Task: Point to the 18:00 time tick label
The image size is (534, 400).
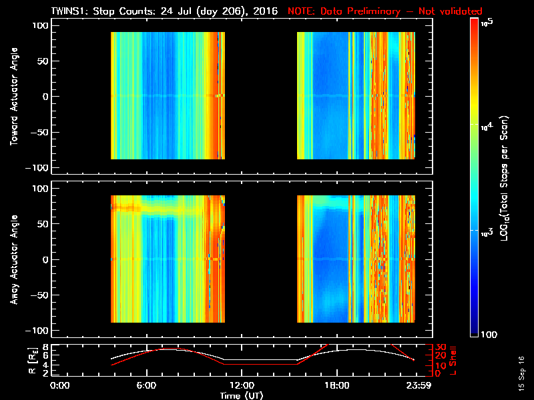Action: coord(336,385)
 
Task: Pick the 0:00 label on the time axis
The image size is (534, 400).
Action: coord(60,385)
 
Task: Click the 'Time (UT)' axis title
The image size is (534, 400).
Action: coord(242,395)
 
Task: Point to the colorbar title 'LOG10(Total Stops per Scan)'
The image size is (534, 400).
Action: coord(507,180)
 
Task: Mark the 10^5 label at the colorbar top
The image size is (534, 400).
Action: coord(487,22)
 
